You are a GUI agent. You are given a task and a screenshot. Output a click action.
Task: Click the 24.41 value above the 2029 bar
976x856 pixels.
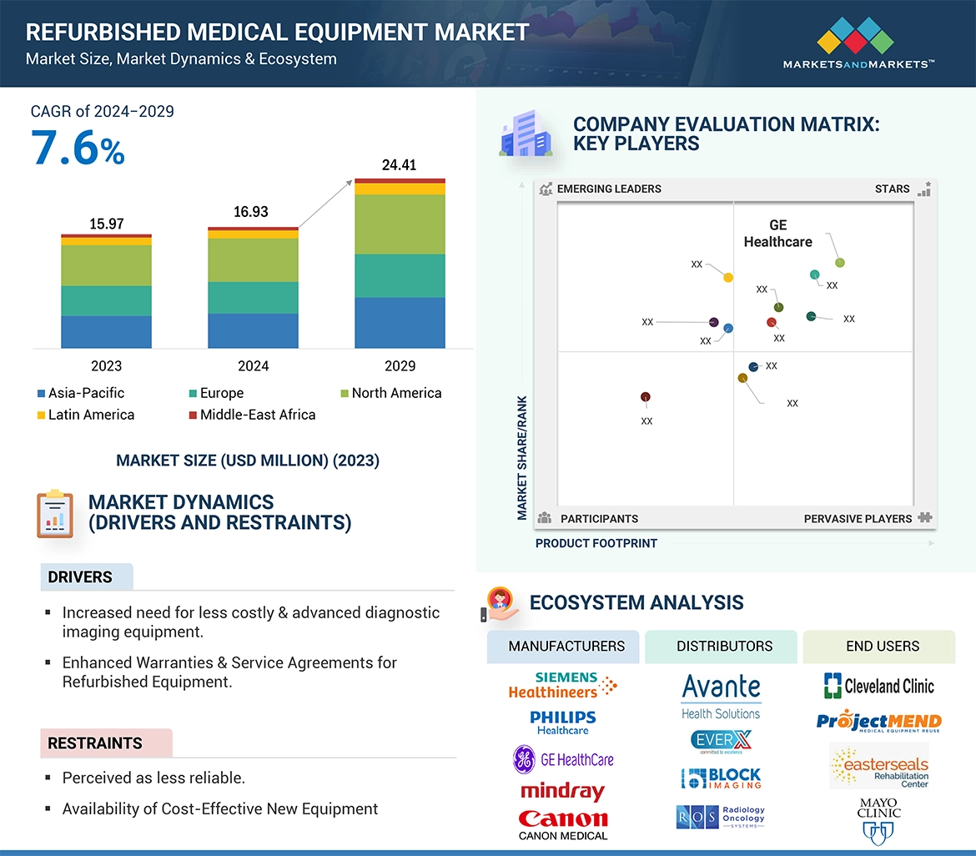tap(399, 165)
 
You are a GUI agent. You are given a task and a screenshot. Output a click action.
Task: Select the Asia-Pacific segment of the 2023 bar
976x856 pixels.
tap(106, 331)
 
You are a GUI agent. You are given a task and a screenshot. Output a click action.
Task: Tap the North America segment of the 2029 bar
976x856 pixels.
tap(400, 224)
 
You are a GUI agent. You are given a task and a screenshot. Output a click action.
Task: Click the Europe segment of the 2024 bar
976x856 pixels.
tap(253, 298)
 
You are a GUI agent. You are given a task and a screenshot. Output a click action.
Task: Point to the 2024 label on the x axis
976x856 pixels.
tap(253, 365)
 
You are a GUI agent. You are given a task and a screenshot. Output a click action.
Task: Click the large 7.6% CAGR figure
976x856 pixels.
tap(78, 149)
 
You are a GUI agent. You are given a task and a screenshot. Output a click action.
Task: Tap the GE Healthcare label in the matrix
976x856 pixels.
tap(777, 234)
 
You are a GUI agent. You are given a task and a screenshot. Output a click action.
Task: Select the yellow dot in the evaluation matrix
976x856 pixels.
tap(728, 277)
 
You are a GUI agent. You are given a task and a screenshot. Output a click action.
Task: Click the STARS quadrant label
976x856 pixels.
tap(892, 189)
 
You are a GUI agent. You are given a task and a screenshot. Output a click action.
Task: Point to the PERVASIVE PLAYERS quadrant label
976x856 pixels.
tap(858, 519)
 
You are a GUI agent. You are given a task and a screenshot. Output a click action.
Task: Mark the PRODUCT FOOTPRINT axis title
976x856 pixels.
tap(596, 543)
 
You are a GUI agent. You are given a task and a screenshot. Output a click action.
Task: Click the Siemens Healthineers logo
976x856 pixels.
tap(563, 685)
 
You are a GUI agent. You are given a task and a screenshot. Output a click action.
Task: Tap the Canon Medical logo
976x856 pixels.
tap(563, 824)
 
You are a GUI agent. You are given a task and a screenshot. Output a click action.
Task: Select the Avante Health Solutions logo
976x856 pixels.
tap(721, 697)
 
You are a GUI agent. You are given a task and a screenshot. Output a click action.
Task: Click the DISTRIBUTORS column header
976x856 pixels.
tap(724, 646)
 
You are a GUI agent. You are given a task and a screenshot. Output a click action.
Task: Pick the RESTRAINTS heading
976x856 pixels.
tap(95, 743)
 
